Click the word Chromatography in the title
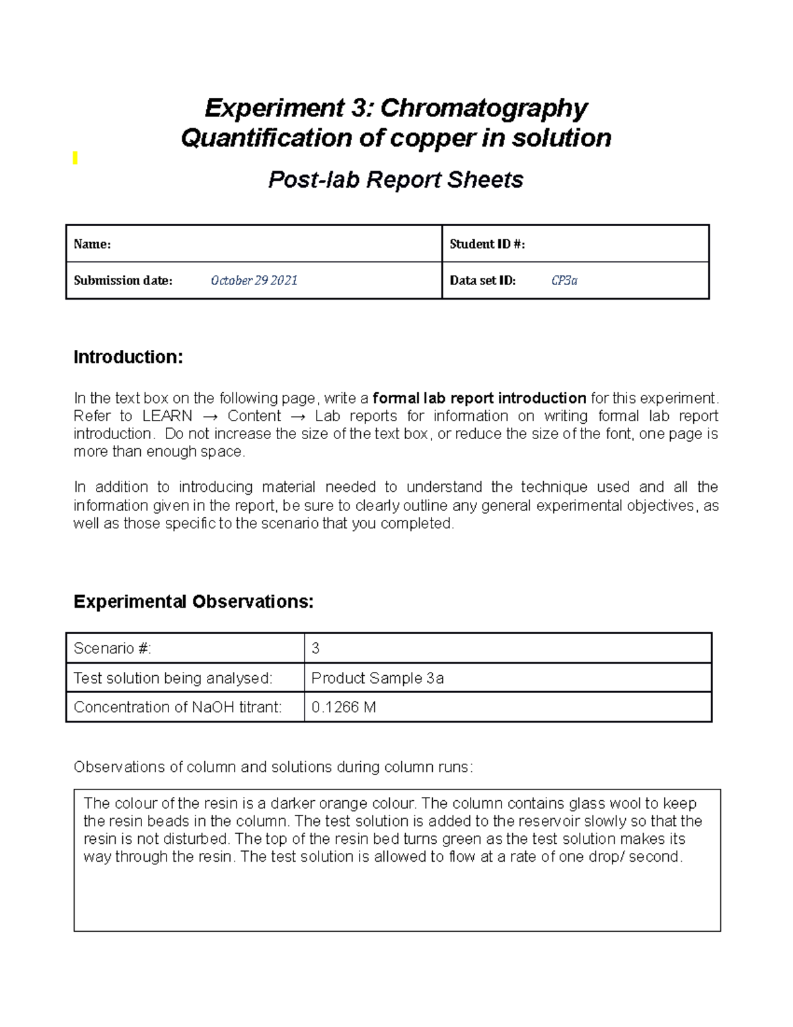coord(483,108)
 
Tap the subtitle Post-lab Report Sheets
coord(395,179)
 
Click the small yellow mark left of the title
coord(75,157)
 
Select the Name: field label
coord(92,244)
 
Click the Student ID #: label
coord(487,244)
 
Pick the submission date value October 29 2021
coord(254,280)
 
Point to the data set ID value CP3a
coord(564,280)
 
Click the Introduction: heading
coord(128,357)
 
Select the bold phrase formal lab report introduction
coord(479,398)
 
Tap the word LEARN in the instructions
coord(167,416)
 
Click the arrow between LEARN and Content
coord(209,416)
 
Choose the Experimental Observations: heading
coord(193,602)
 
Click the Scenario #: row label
coord(112,648)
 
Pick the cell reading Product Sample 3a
coord(377,678)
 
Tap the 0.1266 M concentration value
coord(343,707)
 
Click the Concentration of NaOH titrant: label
coord(178,707)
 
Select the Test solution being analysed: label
coord(172,678)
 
